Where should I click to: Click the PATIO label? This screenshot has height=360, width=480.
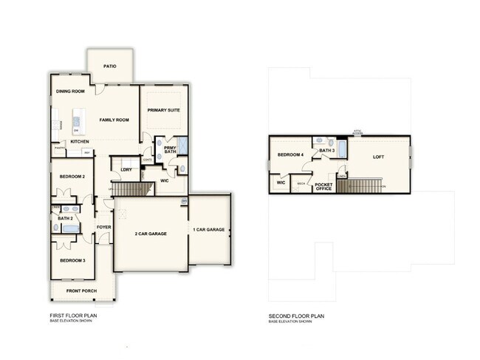(110, 66)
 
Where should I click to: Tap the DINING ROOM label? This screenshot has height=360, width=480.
(70, 92)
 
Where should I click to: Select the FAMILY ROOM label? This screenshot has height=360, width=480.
(114, 119)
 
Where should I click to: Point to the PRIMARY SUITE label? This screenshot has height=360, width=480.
(164, 110)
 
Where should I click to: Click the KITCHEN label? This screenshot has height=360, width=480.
(80, 142)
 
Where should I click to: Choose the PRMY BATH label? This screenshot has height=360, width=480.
(169, 150)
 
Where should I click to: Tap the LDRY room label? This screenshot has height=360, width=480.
(126, 169)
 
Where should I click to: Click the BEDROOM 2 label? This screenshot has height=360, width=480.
(72, 177)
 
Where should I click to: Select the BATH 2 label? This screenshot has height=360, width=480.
(65, 218)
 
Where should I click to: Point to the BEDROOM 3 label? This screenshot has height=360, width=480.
(72, 260)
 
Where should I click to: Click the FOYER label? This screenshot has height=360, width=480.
(104, 228)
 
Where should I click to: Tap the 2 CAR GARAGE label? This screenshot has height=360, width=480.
(150, 234)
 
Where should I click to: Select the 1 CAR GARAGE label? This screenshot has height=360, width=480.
(209, 230)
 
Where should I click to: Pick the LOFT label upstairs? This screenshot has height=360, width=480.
(378, 157)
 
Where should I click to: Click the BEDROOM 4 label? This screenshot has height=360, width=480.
(290, 154)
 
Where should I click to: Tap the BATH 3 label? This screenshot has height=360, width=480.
(327, 151)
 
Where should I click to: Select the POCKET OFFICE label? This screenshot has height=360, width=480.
(323, 186)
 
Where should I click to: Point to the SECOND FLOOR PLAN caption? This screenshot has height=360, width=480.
(297, 316)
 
